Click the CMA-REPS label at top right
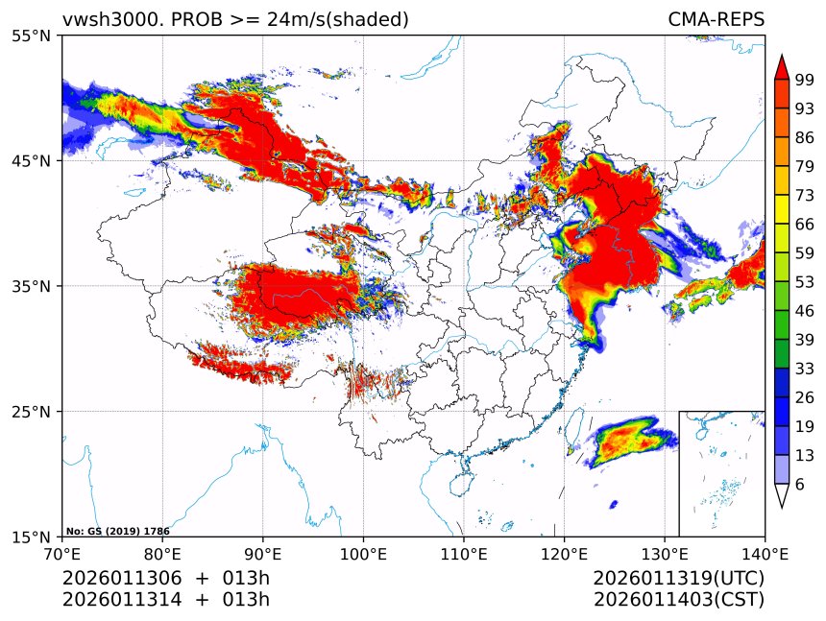[x=716, y=19]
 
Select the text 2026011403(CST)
[x=679, y=600]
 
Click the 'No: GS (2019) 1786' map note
[x=117, y=530]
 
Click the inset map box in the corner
[x=721, y=473]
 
